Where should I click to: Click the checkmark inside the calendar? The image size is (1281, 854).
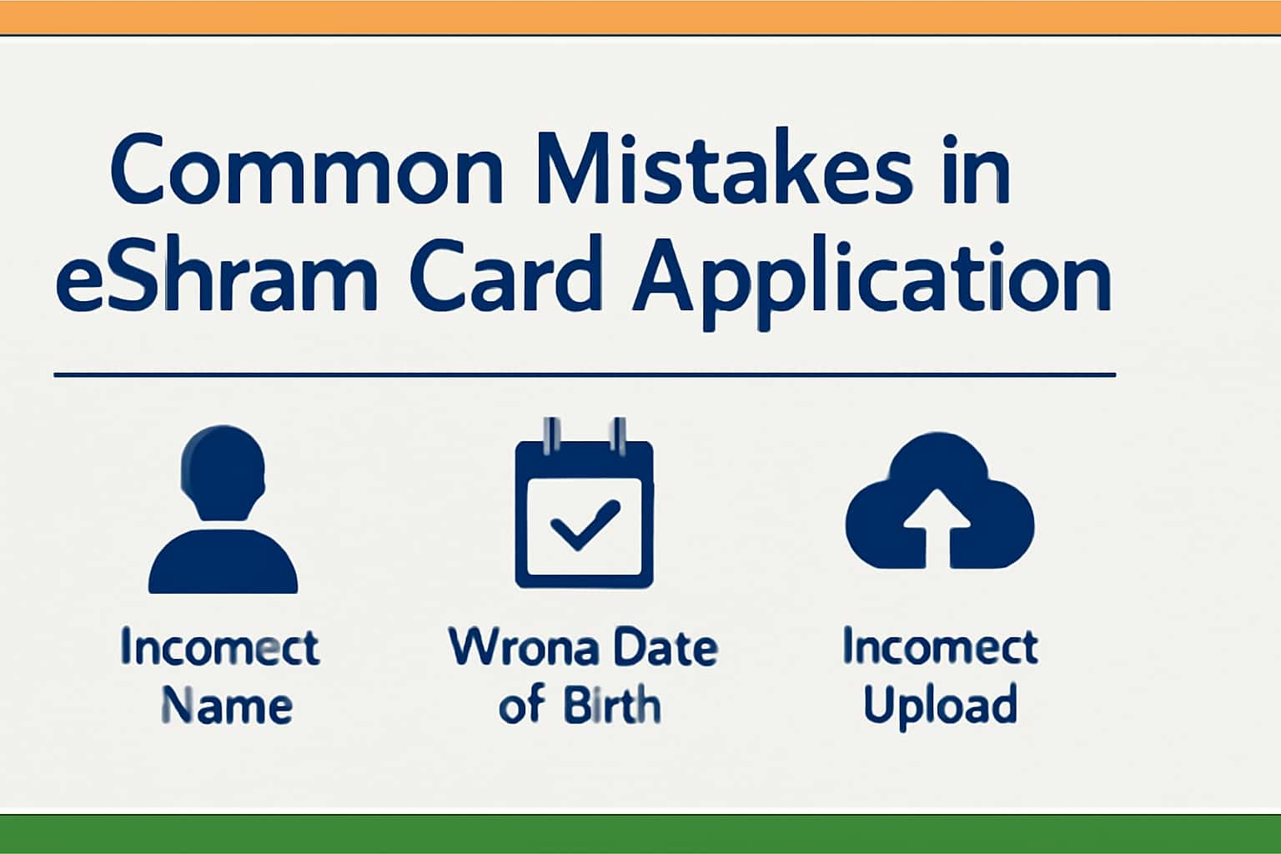tap(585, 524)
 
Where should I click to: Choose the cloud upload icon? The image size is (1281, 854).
tap(939, 505)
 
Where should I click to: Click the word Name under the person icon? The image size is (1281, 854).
tap(226, 706)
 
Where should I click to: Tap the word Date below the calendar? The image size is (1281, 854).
tap(664, 648)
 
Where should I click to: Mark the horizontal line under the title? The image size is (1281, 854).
tap(584, 375)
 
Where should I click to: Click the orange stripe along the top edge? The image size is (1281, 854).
tap(640, 17)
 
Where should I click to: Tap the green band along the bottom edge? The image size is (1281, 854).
tap(640, 833)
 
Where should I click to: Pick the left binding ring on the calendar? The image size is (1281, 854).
tap(550, 435)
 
